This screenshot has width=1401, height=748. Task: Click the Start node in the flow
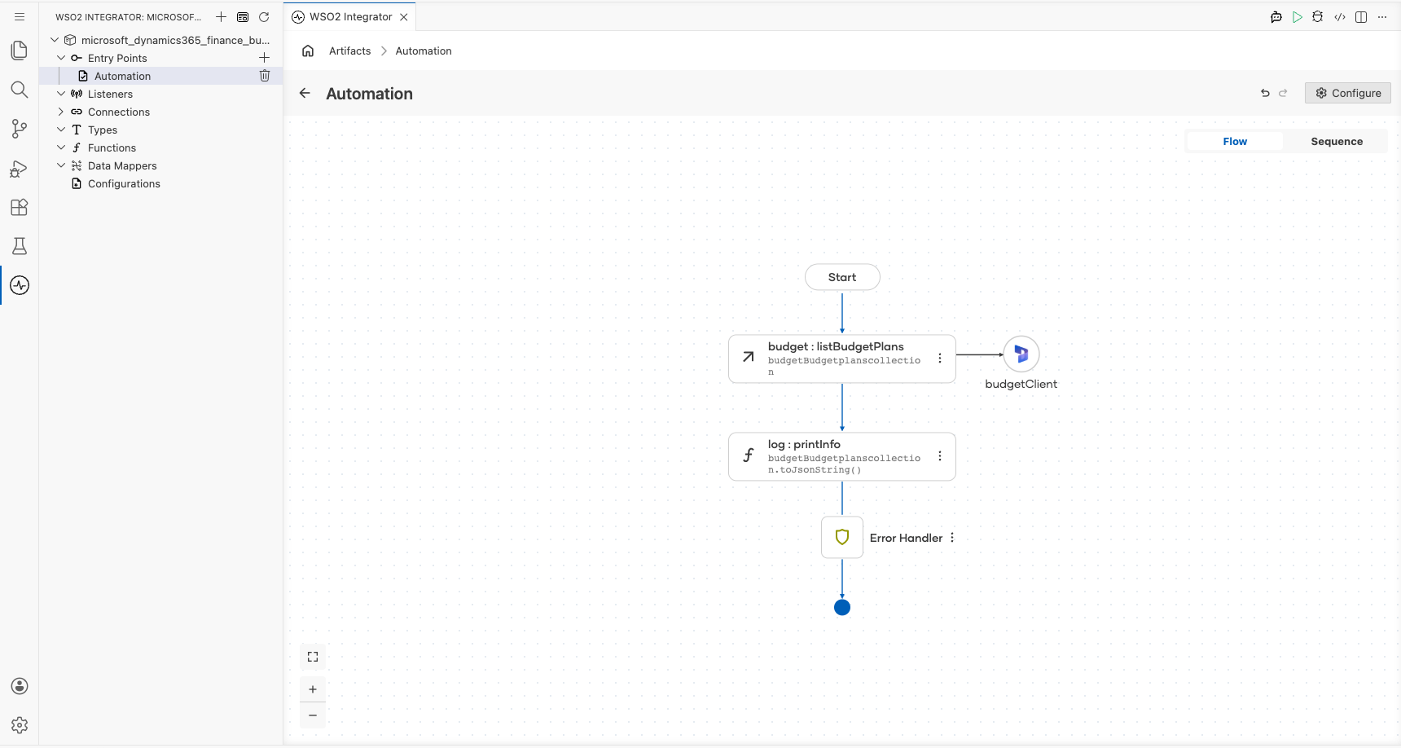click(842, 277)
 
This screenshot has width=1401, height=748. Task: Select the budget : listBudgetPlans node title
click(836, 346)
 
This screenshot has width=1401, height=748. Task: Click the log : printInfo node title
click(804, 444)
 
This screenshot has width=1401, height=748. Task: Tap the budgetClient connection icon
click(1021, 354)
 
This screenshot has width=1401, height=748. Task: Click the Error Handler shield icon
click(842, 537)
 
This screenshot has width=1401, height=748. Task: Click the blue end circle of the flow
click(842, 607)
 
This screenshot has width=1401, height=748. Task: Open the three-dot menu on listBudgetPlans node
click(940, 359)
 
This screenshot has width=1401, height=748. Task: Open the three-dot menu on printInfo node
click(940, 456)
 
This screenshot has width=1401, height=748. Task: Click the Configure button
click(1348, 93)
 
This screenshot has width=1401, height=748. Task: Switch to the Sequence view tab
click(1337, 141)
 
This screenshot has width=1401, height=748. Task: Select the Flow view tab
click(1235, 141)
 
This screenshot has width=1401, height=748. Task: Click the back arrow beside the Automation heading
click(305, 93)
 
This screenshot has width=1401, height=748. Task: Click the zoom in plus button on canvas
click(313, 689)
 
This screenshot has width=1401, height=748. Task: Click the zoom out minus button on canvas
click(313, 715)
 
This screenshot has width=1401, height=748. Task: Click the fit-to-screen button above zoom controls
click(313, 657)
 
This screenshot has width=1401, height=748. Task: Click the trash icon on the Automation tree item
click(265, 76)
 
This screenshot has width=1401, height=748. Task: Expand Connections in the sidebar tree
click(61, 112)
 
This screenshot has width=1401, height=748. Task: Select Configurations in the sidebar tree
click(124, 183)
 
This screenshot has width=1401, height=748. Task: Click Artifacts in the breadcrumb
click(350, 51)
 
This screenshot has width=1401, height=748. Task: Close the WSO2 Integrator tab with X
click(404, 17)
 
